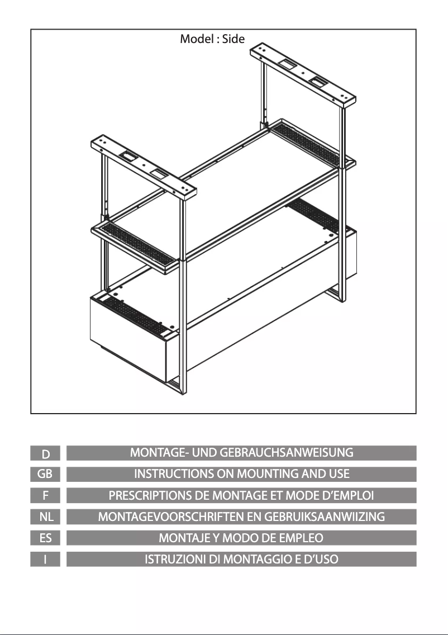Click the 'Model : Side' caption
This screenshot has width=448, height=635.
[212, 39]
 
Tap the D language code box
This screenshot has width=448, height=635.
[45, 453]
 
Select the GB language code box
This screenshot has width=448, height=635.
[45, 474]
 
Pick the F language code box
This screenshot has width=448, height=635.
[45, 495]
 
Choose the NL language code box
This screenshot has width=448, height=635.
[45, 516]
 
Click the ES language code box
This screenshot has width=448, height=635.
[45, 538]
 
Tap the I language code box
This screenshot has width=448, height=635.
[45, 560]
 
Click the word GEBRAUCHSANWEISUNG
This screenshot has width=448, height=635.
[286, 453]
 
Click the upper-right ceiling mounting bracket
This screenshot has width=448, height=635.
[303, 76]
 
